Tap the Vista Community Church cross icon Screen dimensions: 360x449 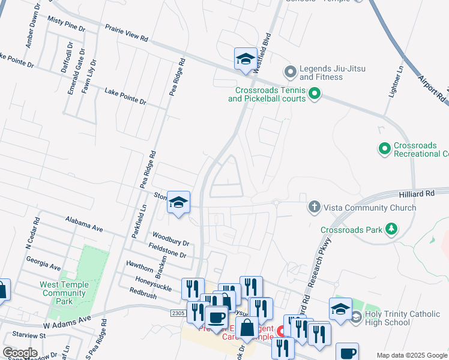(x=314, y=208)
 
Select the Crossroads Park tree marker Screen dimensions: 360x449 (x=391, y=229)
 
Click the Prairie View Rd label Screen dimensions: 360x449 (x=126, y=33)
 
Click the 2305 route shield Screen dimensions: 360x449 (x=177, y=313)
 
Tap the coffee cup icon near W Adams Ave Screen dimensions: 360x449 (x=216, y=316)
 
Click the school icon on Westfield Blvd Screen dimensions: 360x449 (x=245, y=58)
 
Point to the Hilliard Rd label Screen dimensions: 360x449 (x=416, y=194)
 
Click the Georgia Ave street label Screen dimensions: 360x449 (x=43, y=263)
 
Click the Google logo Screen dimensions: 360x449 (x=20, y=353)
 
